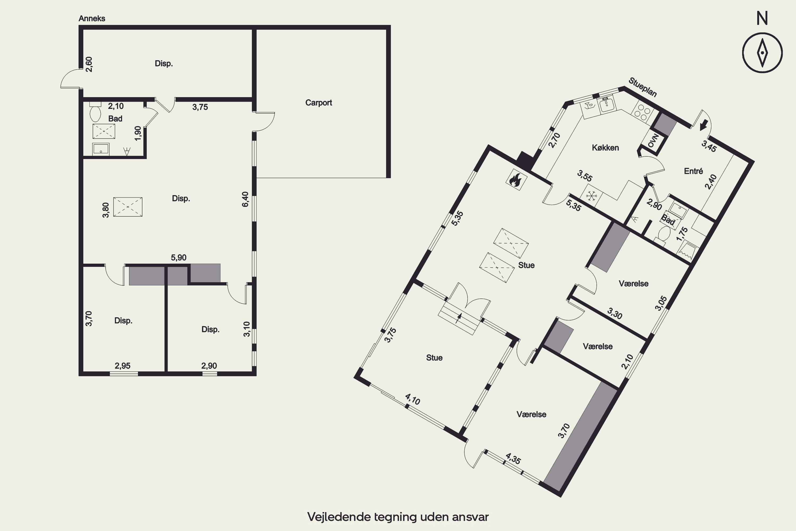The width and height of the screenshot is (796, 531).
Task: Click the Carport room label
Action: [318, 102]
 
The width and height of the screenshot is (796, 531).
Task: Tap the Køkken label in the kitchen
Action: [605, 148]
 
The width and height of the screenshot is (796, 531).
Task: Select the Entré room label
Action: [694, 171]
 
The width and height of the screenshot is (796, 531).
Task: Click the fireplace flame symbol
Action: [516, 179]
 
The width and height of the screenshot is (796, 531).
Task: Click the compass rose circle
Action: [762, 53]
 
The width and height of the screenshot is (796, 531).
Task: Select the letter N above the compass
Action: [762, 18]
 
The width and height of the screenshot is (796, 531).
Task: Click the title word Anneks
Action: [92, 19]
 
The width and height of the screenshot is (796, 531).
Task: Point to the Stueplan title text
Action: [643, 87]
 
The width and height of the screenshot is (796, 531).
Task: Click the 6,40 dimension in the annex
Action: [245, 199]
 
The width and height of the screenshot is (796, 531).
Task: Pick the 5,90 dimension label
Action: [179, 257]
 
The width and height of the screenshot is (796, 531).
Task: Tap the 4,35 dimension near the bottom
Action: [513, 459]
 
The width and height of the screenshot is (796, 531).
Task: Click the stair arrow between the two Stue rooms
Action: [459, 318]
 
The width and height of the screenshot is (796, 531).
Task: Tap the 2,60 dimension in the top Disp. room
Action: [89, 64]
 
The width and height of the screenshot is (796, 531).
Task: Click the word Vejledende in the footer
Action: [339, 517]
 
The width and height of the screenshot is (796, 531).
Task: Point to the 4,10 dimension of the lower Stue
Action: [413, 399]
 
